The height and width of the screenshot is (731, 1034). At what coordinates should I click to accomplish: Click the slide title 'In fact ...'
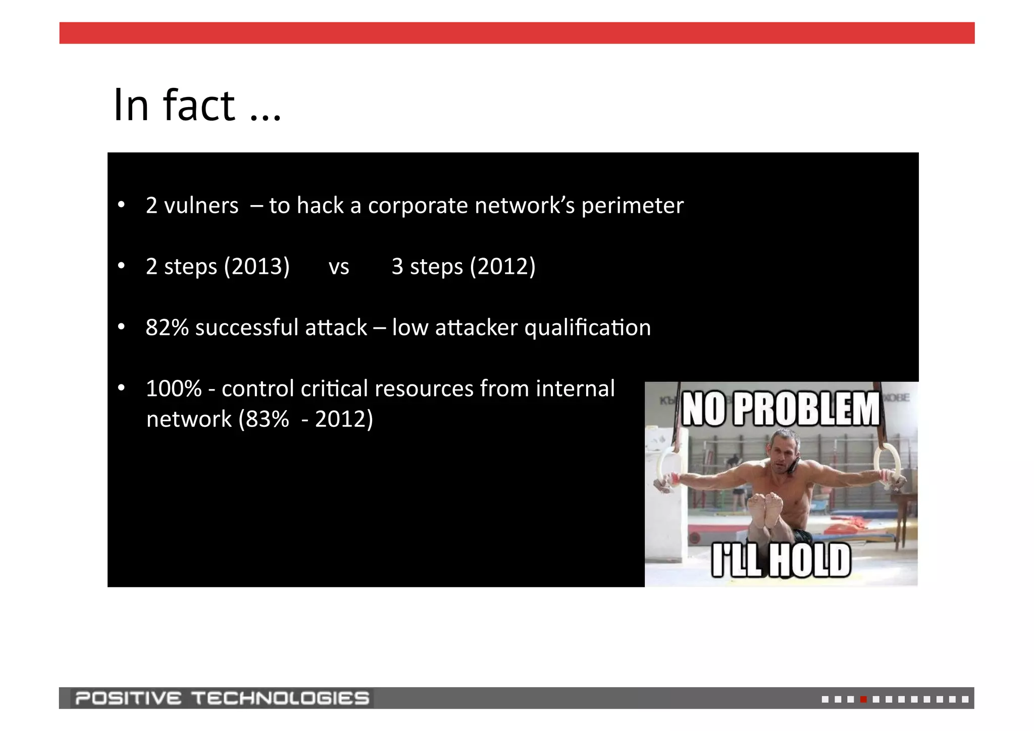(x=197, y=105)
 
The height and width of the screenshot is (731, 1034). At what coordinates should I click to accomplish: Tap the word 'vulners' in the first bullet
(x=201, y=206)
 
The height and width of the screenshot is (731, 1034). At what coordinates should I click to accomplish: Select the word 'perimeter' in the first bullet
(x=632, y=206)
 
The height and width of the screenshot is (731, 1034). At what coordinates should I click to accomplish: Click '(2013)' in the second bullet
(x=256, y=266)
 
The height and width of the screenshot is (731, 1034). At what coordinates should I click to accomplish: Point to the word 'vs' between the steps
(x=339, y=267)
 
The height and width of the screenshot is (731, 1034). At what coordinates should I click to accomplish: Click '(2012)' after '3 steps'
(x=502, y=266)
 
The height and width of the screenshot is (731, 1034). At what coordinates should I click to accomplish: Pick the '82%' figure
(x=167, y=327)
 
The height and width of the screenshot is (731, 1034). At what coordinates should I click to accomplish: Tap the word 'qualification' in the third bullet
(x=588, y=328)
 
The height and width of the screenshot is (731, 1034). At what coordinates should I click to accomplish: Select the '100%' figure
(x=174, y=388)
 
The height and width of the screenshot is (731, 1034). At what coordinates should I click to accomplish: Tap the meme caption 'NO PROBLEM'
(x=781, y=409)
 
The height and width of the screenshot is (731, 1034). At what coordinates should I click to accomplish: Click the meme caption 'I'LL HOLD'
(x=781, y=560)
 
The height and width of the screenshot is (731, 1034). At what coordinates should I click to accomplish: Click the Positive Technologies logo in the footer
(x=222, y=698)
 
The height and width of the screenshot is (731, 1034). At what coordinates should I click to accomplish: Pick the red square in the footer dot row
(x=863, y=699)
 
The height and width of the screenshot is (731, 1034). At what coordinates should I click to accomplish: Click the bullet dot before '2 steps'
(x=121, y=266)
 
